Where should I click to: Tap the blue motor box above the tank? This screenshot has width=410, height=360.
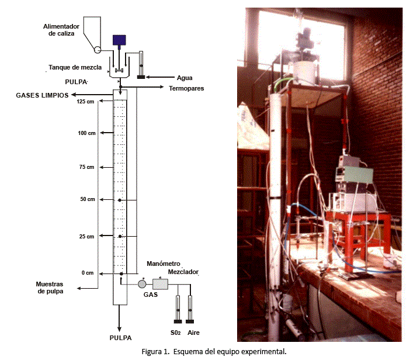click(x=120, y=40)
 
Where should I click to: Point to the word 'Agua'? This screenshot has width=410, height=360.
click(x=184, y=77)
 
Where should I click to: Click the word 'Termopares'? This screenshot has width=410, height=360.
click(x=185, y=88)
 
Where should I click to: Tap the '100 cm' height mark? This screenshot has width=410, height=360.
click(x=86, y=134)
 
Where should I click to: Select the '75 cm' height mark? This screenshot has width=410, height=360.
click(x=86, y=167)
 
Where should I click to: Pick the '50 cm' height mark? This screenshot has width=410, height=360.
click(x=86, y=199)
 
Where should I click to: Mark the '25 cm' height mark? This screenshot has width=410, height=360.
click(x=86, y=237)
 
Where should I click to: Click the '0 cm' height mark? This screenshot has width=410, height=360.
click(x=88, y=274)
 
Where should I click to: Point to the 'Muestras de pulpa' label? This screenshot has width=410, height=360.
click(x=50, y=287)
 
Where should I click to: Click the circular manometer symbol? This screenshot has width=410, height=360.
click(x=141, y=284)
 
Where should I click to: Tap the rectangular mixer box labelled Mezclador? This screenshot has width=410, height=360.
click(x=159, y=284)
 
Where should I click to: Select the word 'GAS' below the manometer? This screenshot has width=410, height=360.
click(x=151, y=295)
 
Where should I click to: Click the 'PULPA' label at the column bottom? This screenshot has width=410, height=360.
click(x=120, y=338)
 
